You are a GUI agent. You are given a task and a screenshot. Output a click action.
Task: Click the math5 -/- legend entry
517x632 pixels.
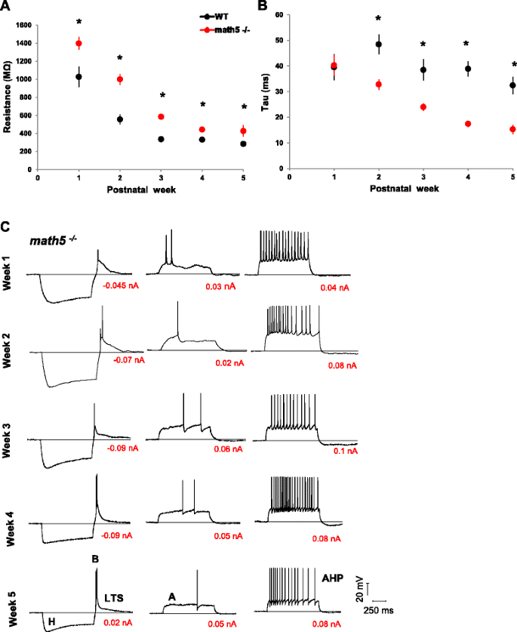pos(207,28)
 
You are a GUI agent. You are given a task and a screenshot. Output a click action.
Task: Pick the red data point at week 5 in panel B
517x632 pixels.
pos(512,129)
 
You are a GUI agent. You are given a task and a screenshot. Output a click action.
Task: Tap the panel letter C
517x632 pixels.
pos(6,227)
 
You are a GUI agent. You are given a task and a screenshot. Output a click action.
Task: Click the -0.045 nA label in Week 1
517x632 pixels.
pos(122,286)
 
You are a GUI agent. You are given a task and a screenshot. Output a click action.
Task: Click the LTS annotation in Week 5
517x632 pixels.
pos(114,596)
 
